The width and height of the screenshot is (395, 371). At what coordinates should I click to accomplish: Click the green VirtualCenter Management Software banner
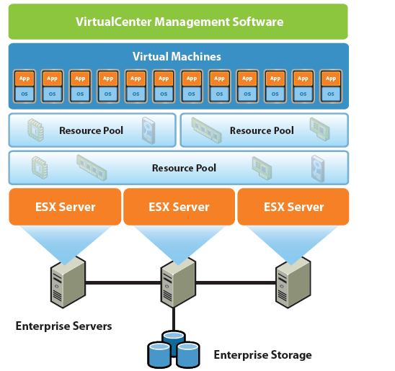pyautogui.click(x=179, y=22)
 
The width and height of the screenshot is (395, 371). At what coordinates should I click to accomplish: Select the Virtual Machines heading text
pyautogui.click(x=177, y=56)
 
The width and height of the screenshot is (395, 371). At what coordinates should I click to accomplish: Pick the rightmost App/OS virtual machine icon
pyautogui.click(x=330, y=86)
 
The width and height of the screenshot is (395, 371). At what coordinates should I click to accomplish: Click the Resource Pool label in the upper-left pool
pyautogui.click(x=91, y=130)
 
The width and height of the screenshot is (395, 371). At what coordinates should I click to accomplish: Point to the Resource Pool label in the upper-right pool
pyautogui.click(x=262, y=130)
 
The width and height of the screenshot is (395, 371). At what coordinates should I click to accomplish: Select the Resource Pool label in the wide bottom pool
pyautogui.click(x=184, y=168)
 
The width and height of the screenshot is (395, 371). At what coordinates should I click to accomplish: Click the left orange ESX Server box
pyautogui.click(x=65, y=207)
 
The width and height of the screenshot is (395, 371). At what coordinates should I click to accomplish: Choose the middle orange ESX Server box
pyautogui.click(x=179, y=207)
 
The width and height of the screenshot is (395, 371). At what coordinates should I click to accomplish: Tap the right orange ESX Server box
pyautogui.click(x=293, y=207)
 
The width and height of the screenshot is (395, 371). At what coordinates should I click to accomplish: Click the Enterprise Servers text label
pyautogui.click(x=63, y=326)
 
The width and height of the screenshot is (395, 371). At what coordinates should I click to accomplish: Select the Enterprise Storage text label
pyautogui.click(x=262, y=354)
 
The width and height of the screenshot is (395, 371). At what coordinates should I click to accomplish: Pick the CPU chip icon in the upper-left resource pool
pyautogui.click(x=35, y=130)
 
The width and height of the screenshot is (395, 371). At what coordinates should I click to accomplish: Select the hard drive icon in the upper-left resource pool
pyautogui.click(x=149, y=130)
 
